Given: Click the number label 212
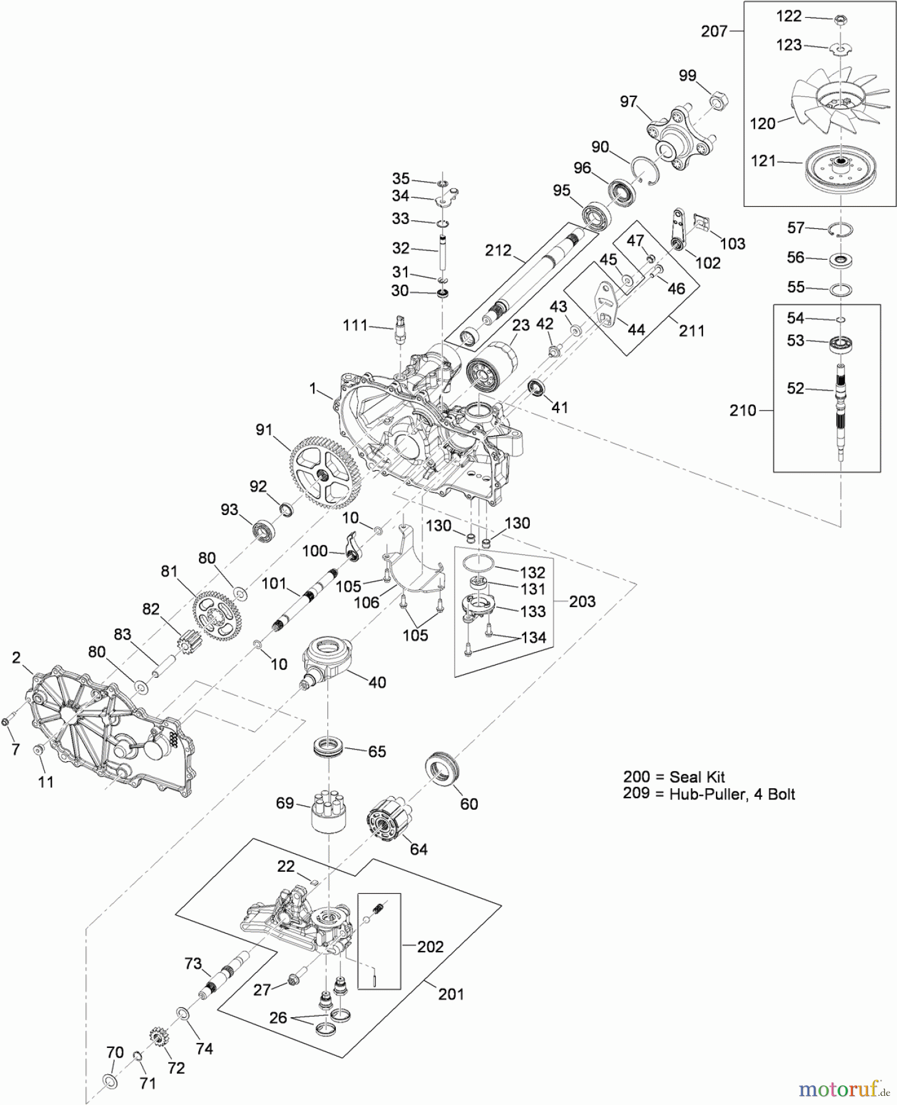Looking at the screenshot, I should click(x=498, y=250).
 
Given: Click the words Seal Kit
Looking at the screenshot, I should click(x=697, y=777).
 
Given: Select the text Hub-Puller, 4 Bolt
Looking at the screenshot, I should click(x=732, y=794).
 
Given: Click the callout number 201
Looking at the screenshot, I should click(x=451, y=994).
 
